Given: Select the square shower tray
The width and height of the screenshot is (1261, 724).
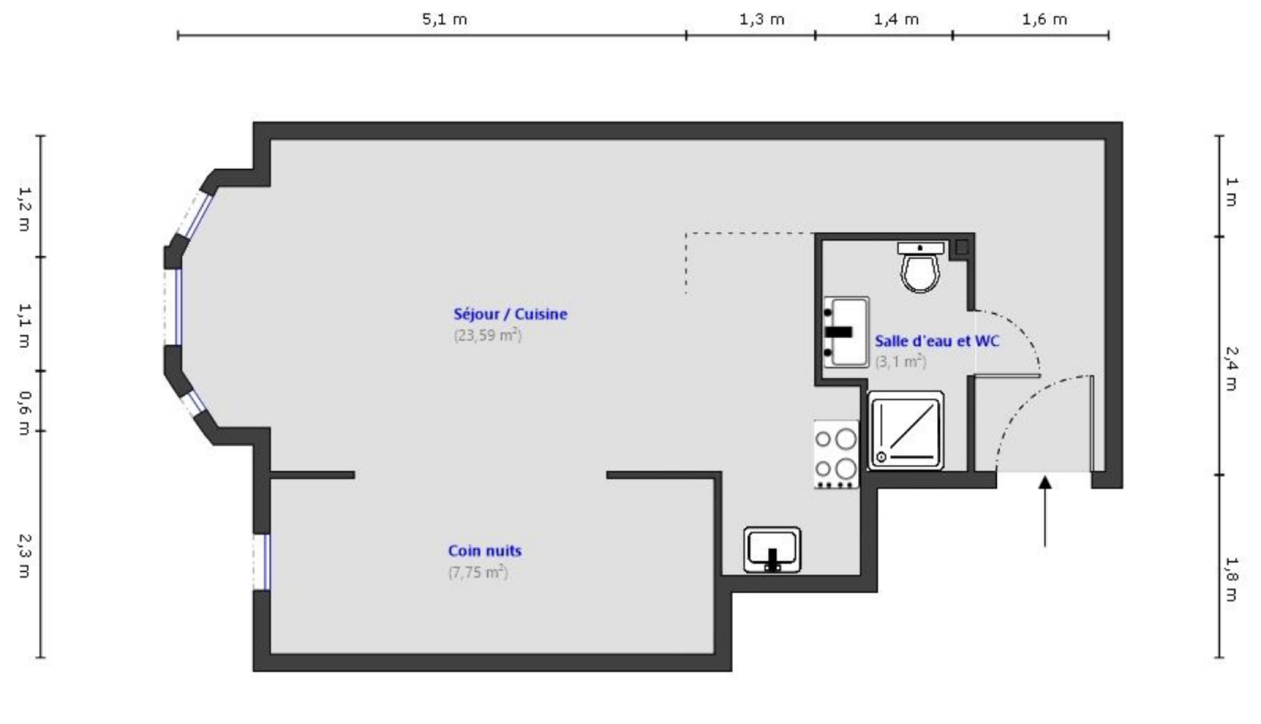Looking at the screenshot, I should click(906, 430).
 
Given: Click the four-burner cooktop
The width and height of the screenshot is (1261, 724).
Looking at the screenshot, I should click(836, 454).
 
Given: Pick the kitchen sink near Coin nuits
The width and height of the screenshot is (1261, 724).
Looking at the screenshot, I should click(772, 550).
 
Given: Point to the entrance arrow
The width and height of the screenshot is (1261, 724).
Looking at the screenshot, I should click(1044, 509).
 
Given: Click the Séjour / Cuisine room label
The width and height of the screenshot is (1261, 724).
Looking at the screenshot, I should click(509, 314).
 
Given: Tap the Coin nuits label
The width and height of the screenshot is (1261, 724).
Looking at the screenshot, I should click(484, 550).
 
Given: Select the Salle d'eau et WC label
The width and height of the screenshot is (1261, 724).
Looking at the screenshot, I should click(937, 341).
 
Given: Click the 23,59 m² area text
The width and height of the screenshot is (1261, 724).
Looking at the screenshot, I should click(487, 335).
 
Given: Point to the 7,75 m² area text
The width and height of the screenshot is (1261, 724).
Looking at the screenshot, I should click(477, 572).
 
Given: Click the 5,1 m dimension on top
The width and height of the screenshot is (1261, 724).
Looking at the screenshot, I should click(444, 19).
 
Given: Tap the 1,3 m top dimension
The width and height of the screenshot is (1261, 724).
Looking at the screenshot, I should click(762, 19).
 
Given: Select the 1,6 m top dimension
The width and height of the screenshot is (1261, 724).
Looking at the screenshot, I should click(1044, 19).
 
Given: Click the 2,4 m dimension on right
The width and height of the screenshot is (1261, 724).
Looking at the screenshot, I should click(1231, 368).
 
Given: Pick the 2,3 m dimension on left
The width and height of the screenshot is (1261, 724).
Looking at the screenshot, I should click(24, 555).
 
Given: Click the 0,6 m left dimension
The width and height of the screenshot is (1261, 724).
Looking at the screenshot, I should click(24, 413).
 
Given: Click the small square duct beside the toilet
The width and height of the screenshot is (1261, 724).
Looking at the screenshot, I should click(961, 247).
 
